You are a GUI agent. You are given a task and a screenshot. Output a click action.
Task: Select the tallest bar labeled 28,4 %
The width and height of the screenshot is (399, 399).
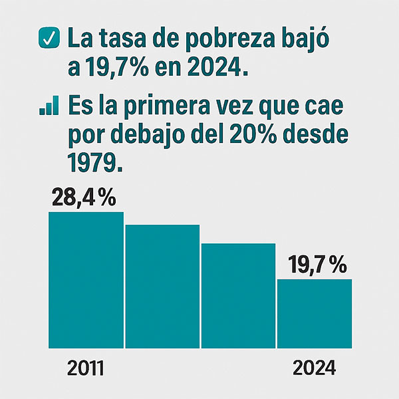coord(86,279)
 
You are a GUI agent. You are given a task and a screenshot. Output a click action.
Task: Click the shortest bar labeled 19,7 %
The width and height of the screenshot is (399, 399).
coord(315,313)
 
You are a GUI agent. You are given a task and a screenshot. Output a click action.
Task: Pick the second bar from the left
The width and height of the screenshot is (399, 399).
coord(162,286)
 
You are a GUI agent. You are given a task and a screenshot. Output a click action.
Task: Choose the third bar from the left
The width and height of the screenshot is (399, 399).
coord(238,295)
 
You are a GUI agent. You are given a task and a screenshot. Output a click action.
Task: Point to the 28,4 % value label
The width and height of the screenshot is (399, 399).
coord(83,198)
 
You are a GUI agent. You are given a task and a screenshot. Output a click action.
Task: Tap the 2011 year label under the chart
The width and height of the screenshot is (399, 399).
coord(86,368)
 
